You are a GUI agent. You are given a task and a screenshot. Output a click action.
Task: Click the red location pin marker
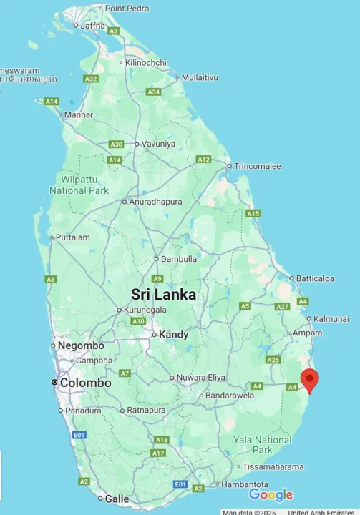pos(310,379)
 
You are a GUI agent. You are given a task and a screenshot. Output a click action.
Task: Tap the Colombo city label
pos(85,383)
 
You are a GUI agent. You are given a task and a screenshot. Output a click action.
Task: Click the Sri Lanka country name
pos(163,295)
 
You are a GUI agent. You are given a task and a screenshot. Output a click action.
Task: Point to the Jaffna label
pos(92,26)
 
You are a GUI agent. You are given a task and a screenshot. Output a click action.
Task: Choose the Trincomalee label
pos(258,166)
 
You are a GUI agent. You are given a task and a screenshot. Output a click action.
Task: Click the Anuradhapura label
pos(155,202)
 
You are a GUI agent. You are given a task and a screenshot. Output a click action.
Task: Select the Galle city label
pos(118,499)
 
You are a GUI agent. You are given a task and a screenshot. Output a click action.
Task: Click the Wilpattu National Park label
pos(79,185)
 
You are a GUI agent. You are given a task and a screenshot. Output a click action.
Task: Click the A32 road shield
pos(90,79)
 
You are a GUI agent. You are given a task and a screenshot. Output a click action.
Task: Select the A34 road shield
pos(153,92)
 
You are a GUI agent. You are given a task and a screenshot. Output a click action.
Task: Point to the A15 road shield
pos(253,213)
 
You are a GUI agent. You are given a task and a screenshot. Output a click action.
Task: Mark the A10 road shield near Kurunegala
pos(138,321)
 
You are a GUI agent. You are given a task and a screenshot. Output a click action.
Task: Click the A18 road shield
pos(161,440)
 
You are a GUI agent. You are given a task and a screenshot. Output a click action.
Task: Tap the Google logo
pos(271,495)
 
